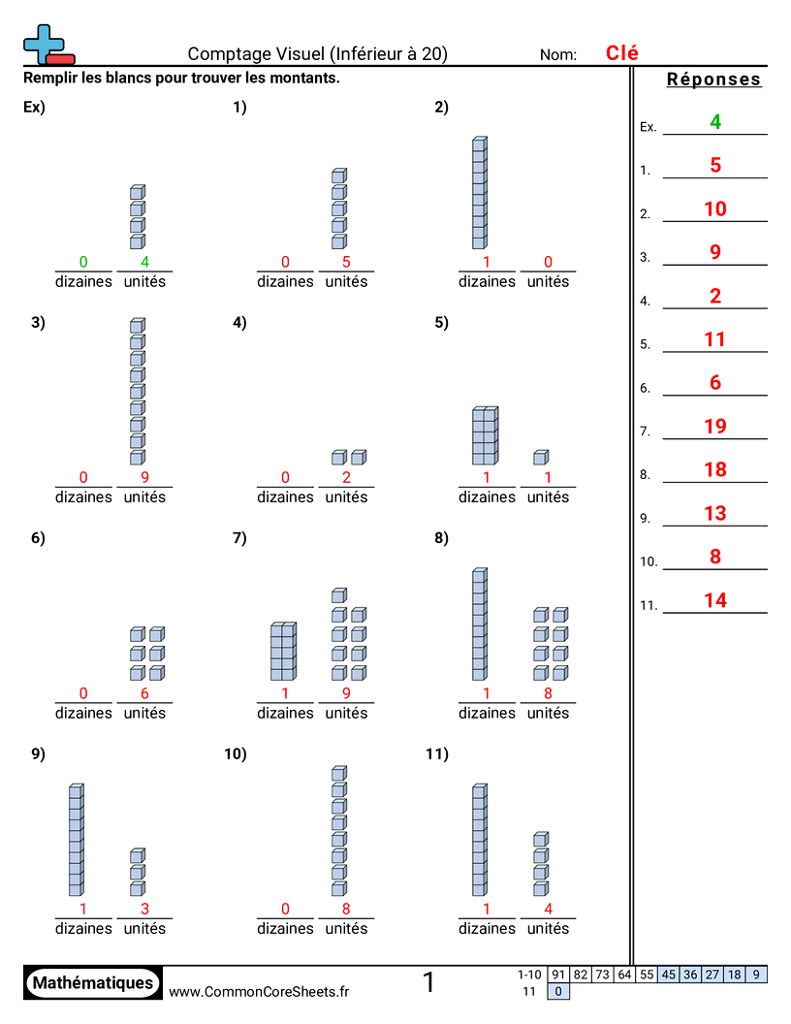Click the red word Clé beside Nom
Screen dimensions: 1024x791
[x=621, y=53]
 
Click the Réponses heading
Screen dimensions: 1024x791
[x=714, y=80]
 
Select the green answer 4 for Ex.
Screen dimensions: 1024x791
[x=715, y=122]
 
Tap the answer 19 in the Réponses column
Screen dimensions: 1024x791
[x=715, y=427]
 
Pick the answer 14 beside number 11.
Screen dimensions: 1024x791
[x=715, y=600]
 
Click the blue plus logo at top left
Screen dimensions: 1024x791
[x=46, y=45]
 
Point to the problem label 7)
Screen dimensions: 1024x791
[x=240, y=539]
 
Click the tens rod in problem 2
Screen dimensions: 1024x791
[x=479, y=193]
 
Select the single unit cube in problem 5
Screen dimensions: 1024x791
[x=541, y=457]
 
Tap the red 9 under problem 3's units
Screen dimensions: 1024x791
[x=144, y=477]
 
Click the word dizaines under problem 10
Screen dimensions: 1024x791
[x=285, y=928]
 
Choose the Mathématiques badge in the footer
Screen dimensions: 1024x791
[x=93, y=982]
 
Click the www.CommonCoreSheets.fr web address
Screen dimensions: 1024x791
[x=259, y=991]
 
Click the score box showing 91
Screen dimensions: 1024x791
[x=558, y=975]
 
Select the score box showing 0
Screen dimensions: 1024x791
[x=558, y=991]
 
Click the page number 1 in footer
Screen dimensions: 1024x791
[x=428, y=982]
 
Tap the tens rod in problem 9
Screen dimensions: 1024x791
[x=76, y=841]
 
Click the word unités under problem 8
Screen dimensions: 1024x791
[x=549, y=713]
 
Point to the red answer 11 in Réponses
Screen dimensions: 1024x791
[x=715, y=339]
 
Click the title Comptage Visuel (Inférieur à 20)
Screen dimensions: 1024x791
[x=318, y=54]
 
